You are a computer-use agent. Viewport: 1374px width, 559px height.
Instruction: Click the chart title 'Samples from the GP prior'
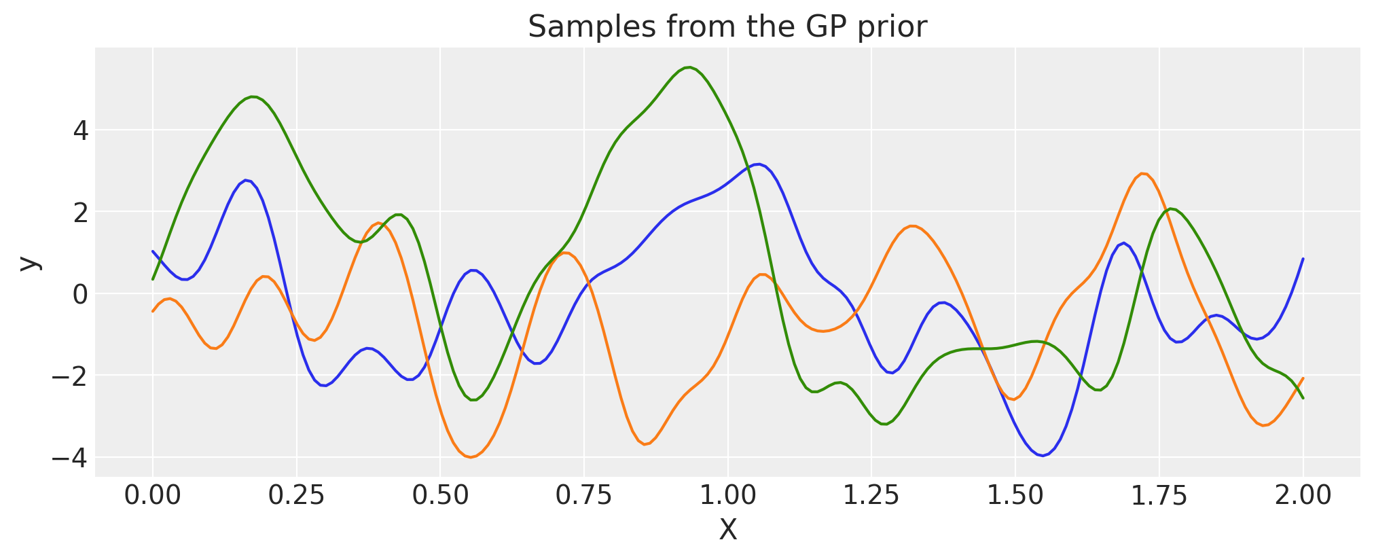[727, 27]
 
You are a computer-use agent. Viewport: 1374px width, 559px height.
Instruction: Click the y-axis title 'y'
[29, 263]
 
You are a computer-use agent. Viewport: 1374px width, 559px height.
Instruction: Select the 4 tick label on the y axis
[81, 130]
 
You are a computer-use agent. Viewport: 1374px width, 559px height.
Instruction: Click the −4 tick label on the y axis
[70, 458]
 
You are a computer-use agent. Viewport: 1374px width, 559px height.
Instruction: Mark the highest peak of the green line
[689, 67]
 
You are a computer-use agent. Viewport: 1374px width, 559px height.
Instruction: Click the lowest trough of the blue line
[1043, 456]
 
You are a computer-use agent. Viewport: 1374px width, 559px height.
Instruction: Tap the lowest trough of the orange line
[471, 457]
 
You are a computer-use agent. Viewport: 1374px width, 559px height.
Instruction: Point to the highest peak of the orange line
[1144, 173]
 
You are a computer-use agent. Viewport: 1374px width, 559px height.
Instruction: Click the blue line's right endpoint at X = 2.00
[1303, 259]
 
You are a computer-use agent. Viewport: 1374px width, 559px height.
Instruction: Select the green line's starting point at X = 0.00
[153, 279]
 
